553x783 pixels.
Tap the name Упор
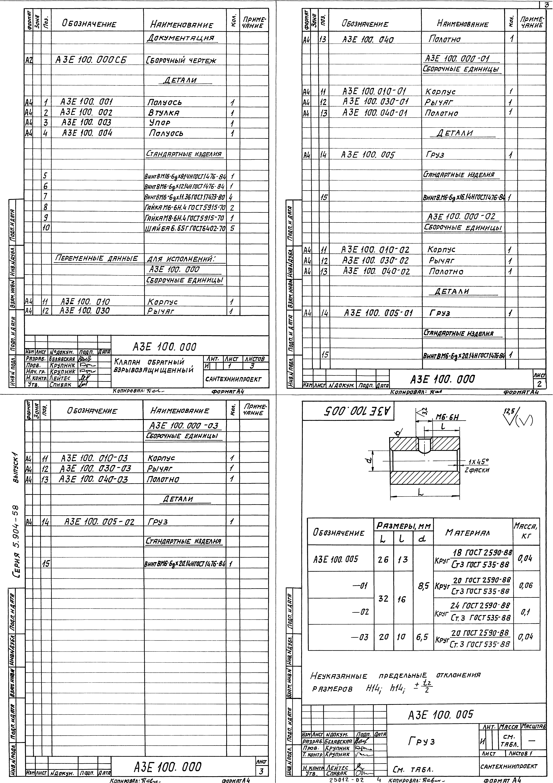pyautogui.click(x=159, y=123)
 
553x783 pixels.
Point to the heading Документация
pyautogui.click(x=181, y=38)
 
